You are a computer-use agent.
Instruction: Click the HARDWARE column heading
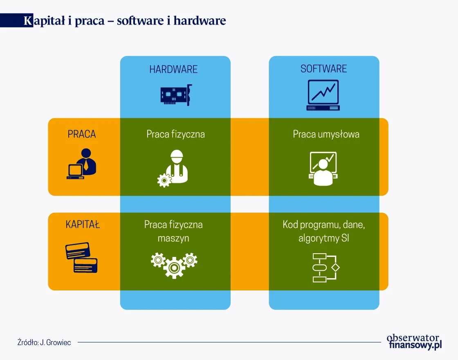pyautogui.click(x=173, y=69)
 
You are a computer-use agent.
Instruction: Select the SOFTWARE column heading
pyautogui.click(x=323, y=69)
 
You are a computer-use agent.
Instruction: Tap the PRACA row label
pyautogui.click(x=82, y=134)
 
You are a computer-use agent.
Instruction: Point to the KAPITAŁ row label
pyautogui.click(x=83, y=224)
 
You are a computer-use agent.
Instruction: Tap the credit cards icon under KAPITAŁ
pyautogui.click(x=82, y=258)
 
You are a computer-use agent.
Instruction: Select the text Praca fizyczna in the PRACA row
pyautogui.click(x=175, y=134)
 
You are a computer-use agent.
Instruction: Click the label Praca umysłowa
pyautogui.click(x=326, y=134)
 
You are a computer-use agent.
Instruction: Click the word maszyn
pyautogui.click(x=173, y=238)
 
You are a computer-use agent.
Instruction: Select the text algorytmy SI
pyautogui.click(x=323, y=238)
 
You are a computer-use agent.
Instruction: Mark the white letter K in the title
pyautogui.click(x=28, y=21)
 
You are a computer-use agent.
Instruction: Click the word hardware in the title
pyautogui.click(x=200, y=21)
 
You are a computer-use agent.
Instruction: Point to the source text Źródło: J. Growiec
pyautogui.click(x=44, y=342)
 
